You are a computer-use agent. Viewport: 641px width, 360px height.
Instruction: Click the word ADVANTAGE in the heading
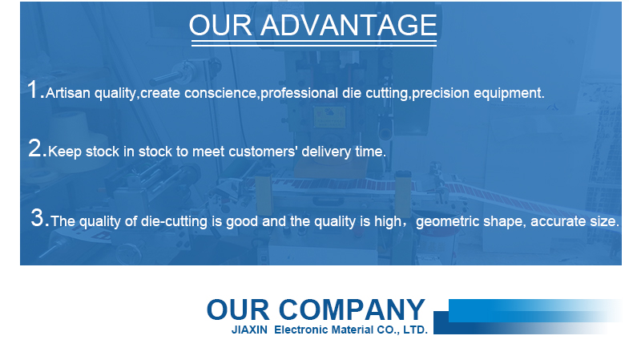click(x=349, y=25)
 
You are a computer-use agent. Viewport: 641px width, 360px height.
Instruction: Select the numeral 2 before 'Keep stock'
click(x=35, y=148)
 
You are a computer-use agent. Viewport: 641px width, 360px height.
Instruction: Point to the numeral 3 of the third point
click(x=37, y=217)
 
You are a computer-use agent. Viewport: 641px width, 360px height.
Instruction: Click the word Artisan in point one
click(x=68, y=93)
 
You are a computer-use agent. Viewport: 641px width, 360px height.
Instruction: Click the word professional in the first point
click(x=299, y=93)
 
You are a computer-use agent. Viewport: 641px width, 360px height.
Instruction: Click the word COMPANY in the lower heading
click(x=352, y=309)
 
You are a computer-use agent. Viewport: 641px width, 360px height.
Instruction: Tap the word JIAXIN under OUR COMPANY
click(x=249, y=330)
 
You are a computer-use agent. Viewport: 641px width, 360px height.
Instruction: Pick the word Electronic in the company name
click(x=301, y=330)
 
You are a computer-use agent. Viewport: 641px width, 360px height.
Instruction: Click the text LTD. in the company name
click(x=415, y=330)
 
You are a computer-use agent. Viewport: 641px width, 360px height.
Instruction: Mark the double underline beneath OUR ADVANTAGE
click(x=314, y=42)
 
